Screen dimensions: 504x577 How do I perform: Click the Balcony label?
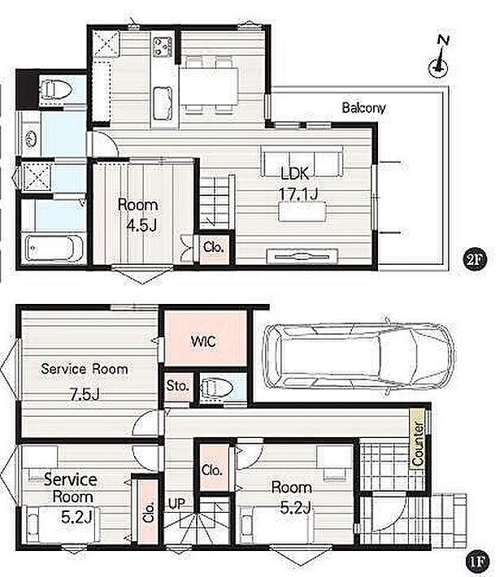pyautogui.click(x=363, y=108)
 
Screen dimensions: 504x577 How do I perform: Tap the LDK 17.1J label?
pyautogui.click(x=298, y=184)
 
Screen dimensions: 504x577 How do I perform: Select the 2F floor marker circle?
pyautogui.click(x=475, y=259)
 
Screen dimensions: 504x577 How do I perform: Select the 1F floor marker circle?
pyautogui.click(x=478, y=562)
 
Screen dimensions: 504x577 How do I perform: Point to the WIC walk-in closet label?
pyautogui.click(x=203, y=342)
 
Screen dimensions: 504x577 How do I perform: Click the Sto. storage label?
pyautogui.click(x=177, y=386)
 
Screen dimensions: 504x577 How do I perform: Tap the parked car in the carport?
pyautogui.click(x=359, y=356)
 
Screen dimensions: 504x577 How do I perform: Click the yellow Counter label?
pyautogui.click(x=418, y=443)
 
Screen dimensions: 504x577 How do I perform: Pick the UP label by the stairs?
pyautogui.click(x=176, y=504)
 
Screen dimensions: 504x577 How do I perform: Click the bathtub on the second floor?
pyautogui.click(x=54, y=248)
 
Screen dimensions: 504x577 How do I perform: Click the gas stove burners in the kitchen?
pyautogui.click(x=163, y=47)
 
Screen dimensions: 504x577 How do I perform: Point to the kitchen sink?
pyautogui.click(x=163, y=103)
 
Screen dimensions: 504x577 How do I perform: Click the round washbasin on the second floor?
pyautogui.click(x=32, y=139)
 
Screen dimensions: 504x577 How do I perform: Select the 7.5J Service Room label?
pyautogui.click(x=85, y=381)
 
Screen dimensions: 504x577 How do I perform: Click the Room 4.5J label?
pyautogui.click(x=138, y=215)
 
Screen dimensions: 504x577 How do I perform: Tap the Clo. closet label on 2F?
pyautogui.click(x=214, y=247)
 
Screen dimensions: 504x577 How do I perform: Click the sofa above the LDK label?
pyautogui.click(x=302, y=161)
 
